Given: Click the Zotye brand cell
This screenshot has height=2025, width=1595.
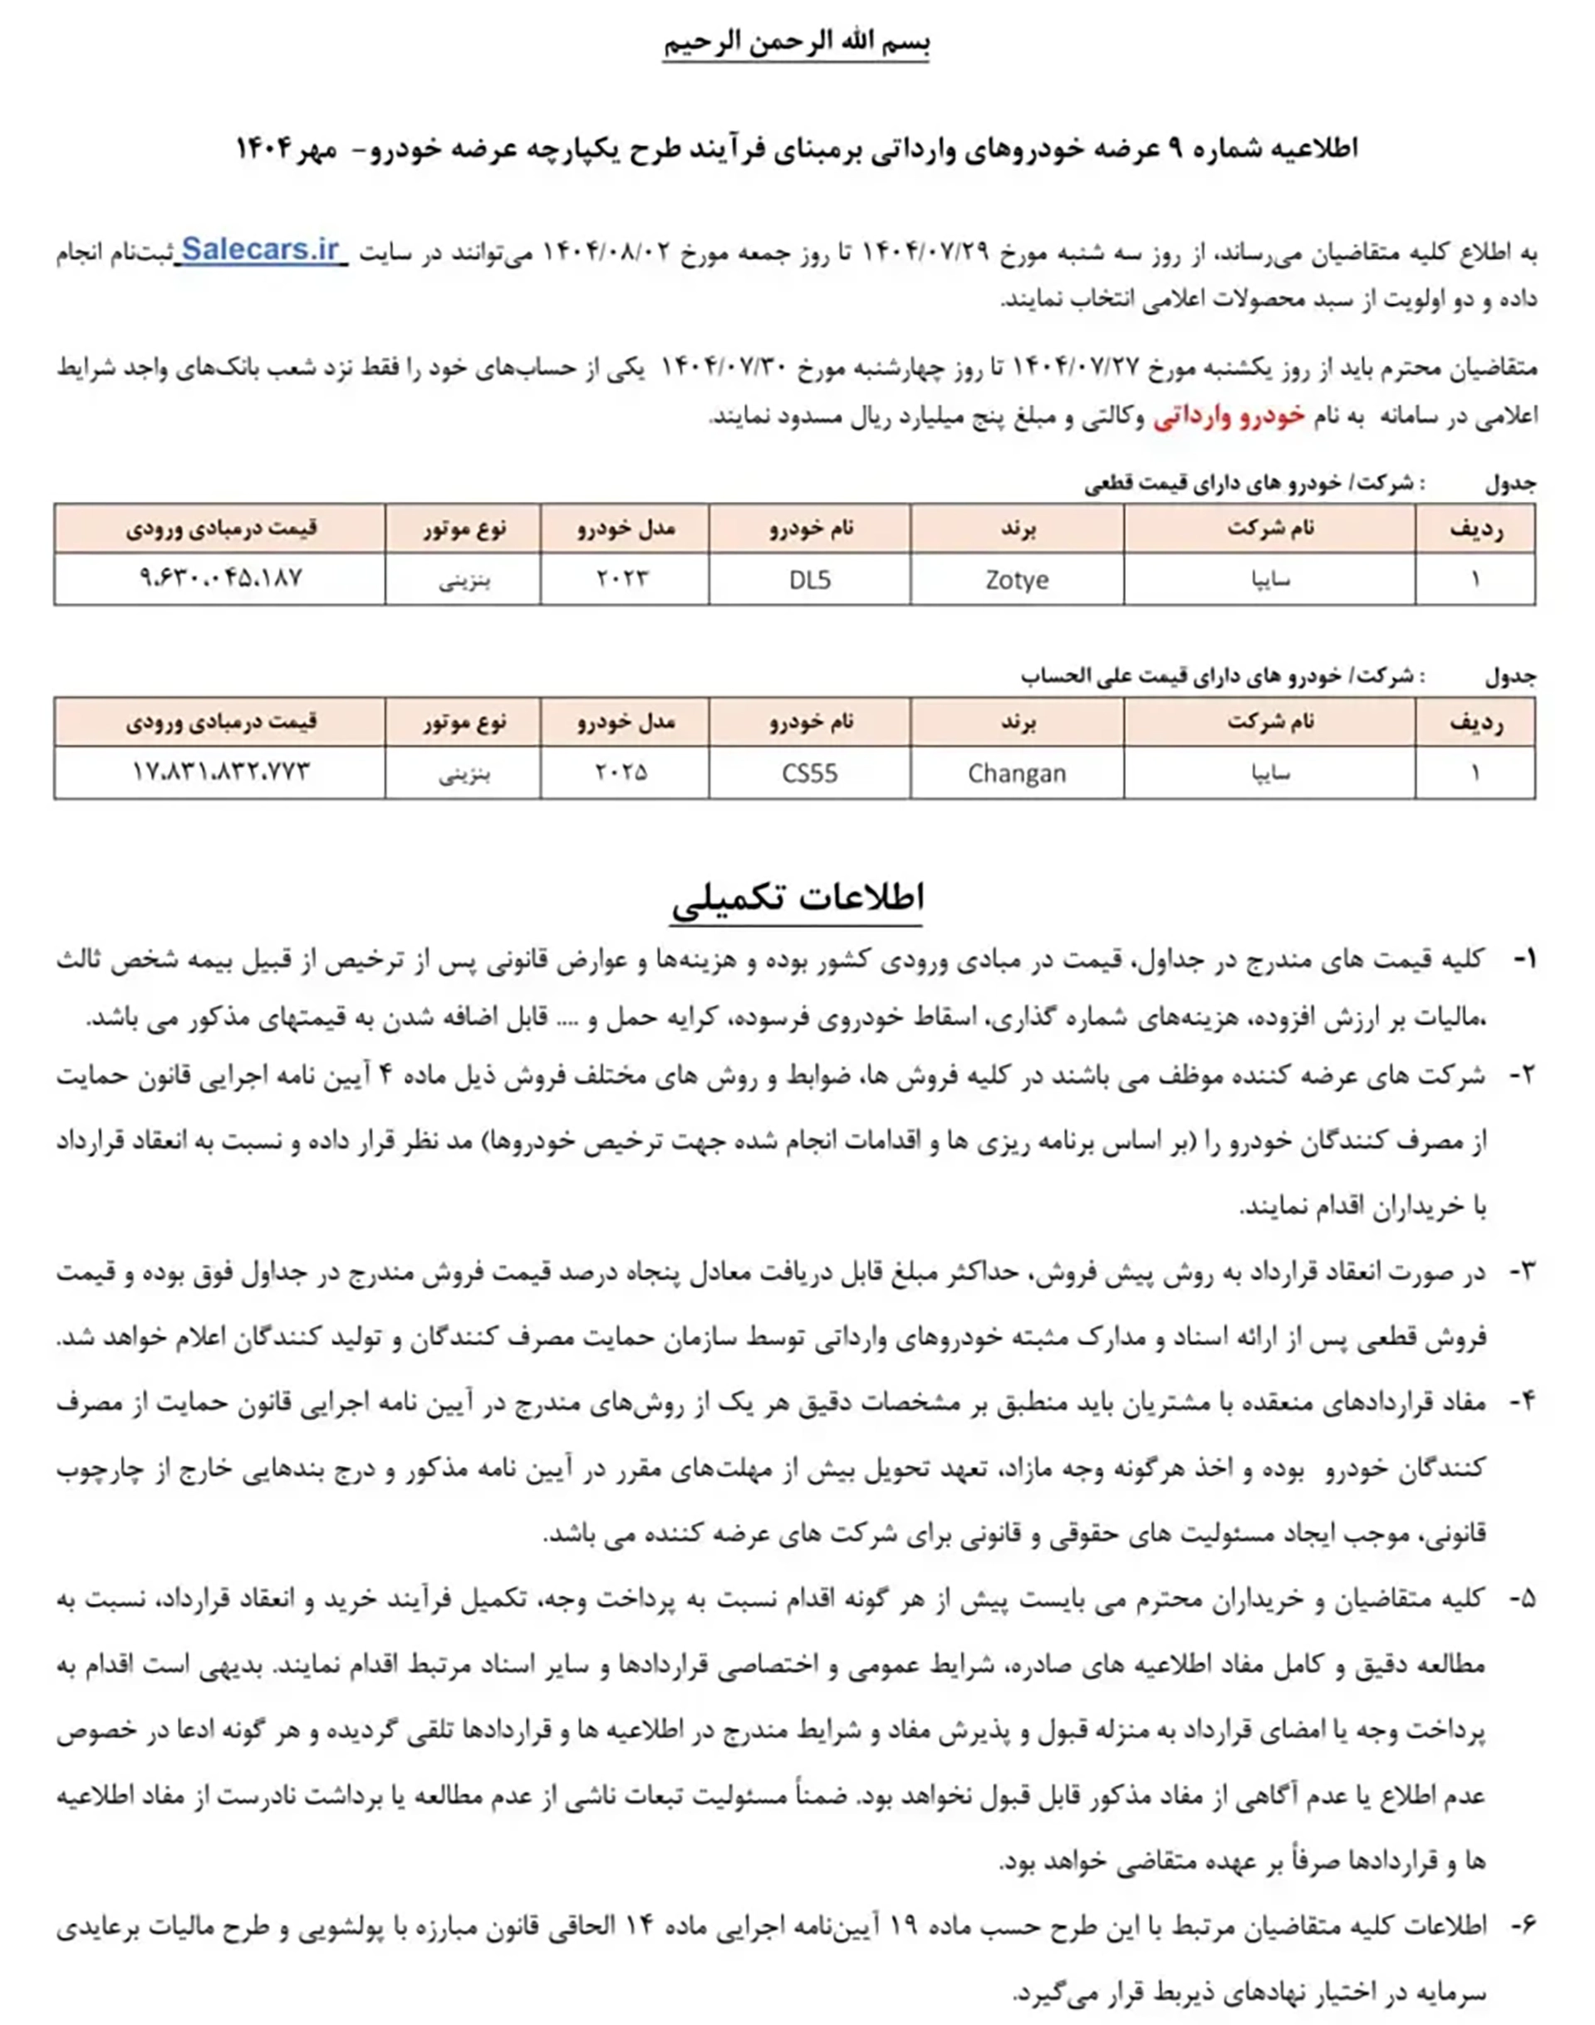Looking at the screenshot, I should click(1016, 580).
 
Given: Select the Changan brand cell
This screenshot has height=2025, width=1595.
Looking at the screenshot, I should click(1016, 774).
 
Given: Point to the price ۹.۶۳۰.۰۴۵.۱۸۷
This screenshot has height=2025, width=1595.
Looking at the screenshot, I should click(220, 578).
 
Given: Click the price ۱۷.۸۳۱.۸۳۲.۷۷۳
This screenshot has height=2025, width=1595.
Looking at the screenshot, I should click(220, 771).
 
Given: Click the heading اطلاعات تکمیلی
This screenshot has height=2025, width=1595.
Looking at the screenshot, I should click(797, 897).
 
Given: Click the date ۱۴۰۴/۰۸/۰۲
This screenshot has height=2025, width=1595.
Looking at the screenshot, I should click(606, 253).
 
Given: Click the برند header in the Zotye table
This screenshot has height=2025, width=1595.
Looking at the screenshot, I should click(1016, 528).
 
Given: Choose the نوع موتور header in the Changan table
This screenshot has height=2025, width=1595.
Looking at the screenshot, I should click(464, 722).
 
